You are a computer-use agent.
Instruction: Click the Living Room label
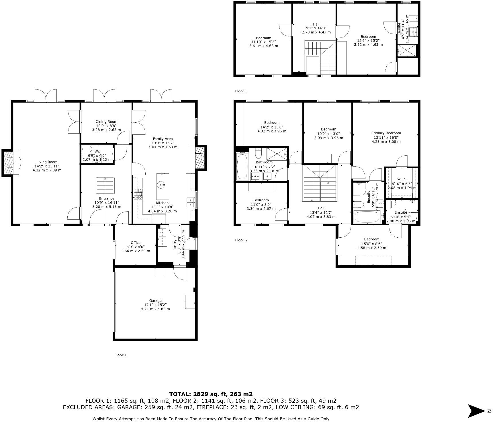click(x=47, y=162)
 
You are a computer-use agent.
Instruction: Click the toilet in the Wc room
click(x=87, y=149)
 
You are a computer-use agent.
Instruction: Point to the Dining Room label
click(x=106, y=122)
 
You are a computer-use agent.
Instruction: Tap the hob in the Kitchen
click(x=138, y=194)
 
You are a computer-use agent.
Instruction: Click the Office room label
click(x=136, y=243)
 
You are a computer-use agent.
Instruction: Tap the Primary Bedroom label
click(x=386, y=133)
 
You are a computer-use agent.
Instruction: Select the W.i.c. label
click(x=402, y=179)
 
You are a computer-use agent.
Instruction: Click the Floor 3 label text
click(x=241, y=91)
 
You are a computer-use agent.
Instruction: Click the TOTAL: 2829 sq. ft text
click(x=211, y=394)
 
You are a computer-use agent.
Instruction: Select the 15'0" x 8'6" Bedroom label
click(x=372, y=239)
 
